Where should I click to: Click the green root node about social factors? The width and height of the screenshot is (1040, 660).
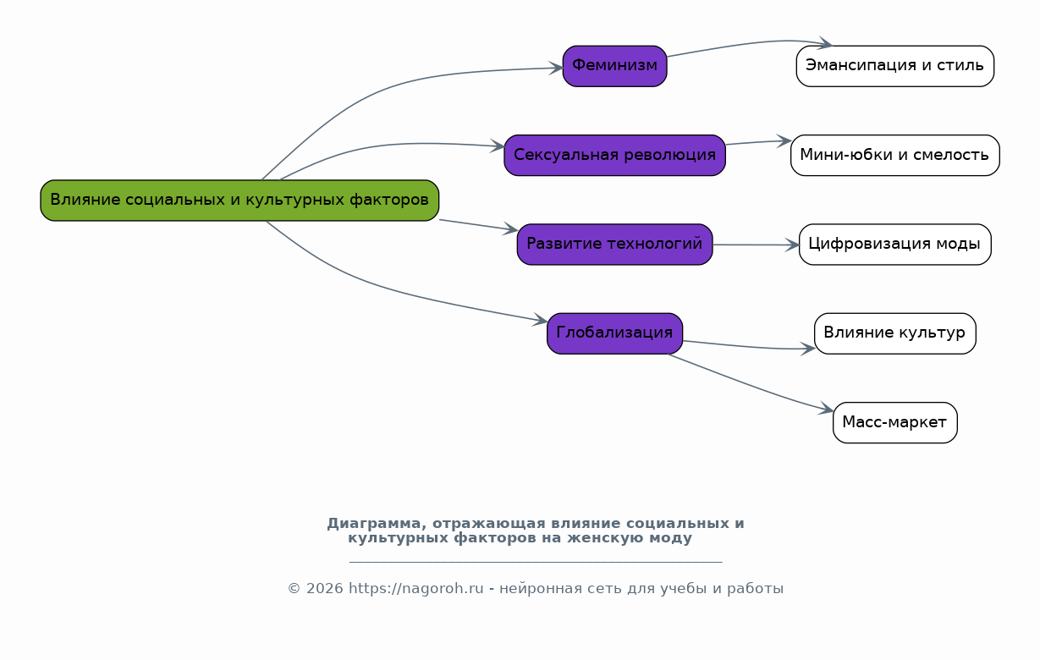point(239,201)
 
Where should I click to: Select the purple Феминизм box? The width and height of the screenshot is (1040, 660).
point(614,66)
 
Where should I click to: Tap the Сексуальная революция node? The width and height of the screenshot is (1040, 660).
point(614,156)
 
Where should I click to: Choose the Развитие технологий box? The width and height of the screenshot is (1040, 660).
point(614,245)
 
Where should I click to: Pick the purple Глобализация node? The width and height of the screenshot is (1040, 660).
point(614,333)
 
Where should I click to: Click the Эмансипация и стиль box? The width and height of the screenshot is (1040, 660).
point(895,66)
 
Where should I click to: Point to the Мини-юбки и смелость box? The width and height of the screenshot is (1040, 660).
point(895,156)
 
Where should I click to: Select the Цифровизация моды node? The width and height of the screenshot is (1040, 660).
point(895,245)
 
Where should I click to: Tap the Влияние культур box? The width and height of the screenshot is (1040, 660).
point(895,333)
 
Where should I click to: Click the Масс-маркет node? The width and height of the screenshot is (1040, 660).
point(895,423)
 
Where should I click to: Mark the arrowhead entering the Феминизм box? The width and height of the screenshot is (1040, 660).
point(556,69)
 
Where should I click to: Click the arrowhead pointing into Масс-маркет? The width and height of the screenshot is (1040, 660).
point(827,409)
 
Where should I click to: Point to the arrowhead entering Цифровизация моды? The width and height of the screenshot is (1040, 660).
point(793,245)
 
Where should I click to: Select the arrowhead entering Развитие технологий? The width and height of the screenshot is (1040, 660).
point(511,228)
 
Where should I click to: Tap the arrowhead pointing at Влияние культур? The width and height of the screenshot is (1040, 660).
point(808,349)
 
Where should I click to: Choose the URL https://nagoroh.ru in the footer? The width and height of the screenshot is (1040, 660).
point(416,589)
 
